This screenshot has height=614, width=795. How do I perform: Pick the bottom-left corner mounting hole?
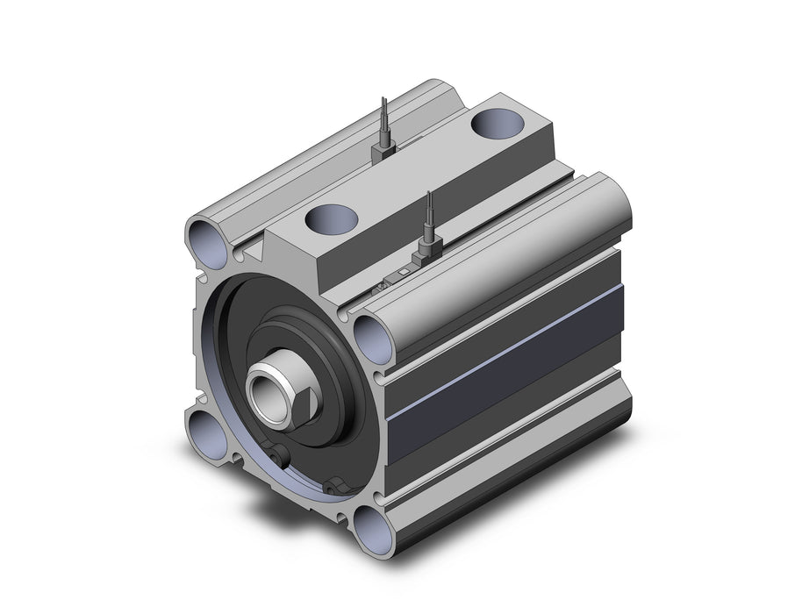205,433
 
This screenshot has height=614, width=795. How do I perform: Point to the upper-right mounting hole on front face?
372,339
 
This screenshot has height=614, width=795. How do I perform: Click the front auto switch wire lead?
429,215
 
